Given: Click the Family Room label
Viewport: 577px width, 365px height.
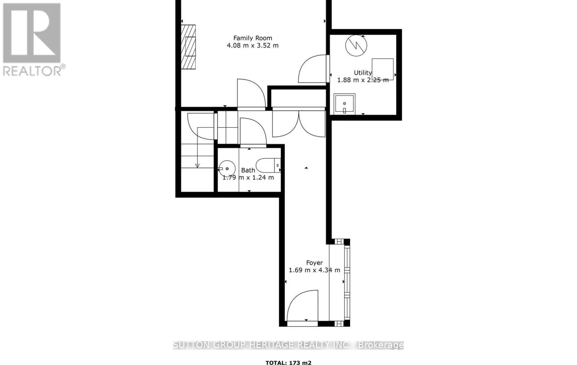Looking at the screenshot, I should (252, 38).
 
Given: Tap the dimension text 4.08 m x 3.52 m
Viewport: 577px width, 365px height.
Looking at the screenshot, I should (252, 45).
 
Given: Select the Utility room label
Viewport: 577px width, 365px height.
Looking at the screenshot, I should (362, 73).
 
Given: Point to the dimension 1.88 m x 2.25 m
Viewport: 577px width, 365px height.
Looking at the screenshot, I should (363, 80).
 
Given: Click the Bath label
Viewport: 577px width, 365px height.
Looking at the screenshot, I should (248, 170).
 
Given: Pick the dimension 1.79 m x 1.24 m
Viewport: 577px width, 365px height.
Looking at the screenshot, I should (248, 177).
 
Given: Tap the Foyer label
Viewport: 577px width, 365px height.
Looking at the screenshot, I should (314, 263).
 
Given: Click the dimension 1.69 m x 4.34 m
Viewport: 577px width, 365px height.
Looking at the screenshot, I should (314, 270).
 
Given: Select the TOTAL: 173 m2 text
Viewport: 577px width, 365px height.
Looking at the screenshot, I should (288, 363).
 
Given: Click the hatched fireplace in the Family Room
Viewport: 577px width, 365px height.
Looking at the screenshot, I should (188, 47).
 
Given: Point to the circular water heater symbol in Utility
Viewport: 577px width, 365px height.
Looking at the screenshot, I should (356, 45).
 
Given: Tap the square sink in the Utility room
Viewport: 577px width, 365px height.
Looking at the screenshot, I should (344, 104).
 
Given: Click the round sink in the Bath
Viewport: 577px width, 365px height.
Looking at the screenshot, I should (227, 169).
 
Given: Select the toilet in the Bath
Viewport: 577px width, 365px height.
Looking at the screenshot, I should (269, 165).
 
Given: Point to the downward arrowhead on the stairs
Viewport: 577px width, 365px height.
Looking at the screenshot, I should (197, 166).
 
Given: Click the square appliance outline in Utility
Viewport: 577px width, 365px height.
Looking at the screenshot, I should (383, 69).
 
